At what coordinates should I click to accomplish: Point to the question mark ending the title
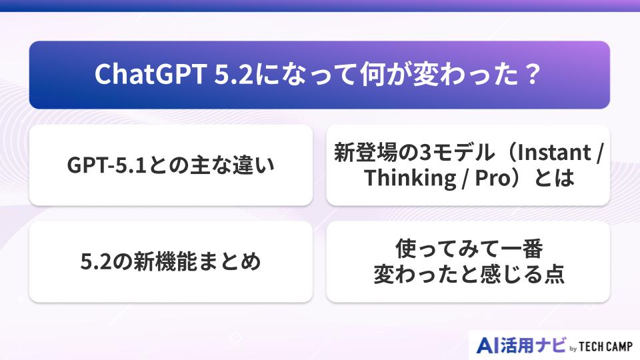click(531, 75)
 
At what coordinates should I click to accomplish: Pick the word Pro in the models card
click(489, 178)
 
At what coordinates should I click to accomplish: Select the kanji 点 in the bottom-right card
click(554, 275)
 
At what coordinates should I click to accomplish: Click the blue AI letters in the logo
click(489, 345)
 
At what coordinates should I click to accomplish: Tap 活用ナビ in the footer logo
click(534, 345)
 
